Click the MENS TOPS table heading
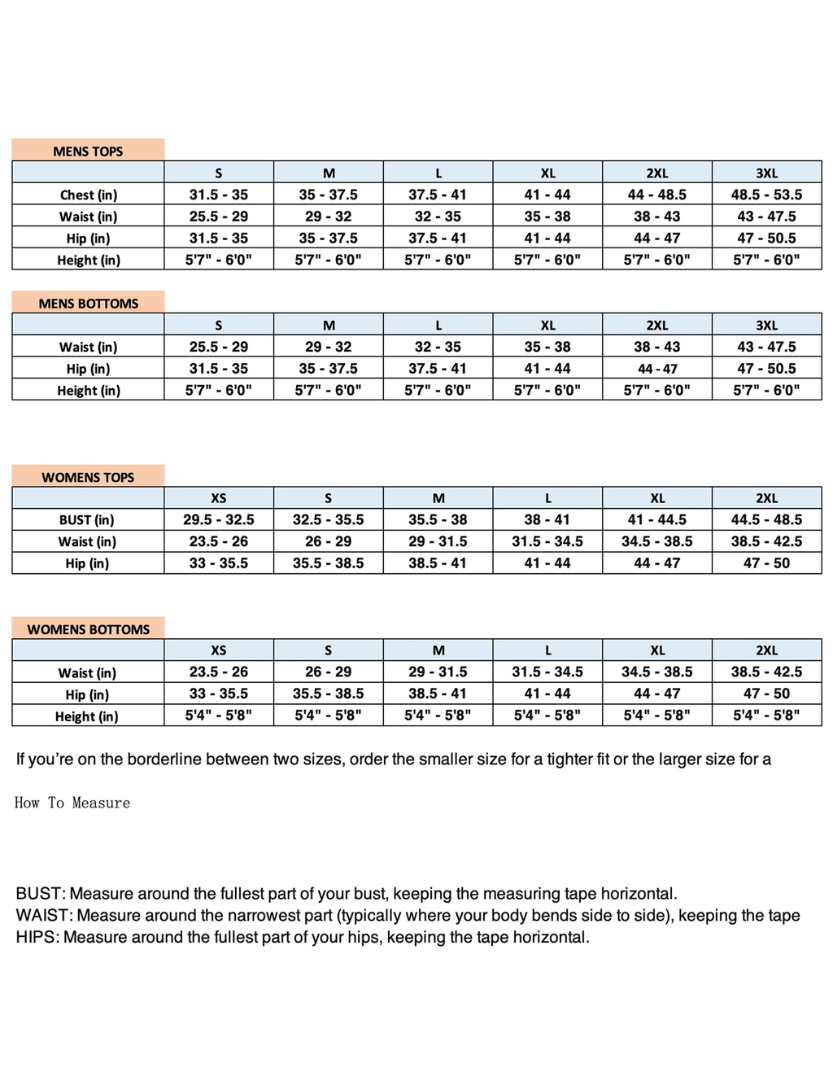click(x=88, y=151)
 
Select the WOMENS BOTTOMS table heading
click(x=89, y=629)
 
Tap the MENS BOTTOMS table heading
click(x=89, y=304)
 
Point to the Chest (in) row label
click(x=88, y=195)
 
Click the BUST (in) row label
click(x=86, y=520)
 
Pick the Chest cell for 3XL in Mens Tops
click(x=766, y=195)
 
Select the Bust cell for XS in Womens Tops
click(x=218, y=520)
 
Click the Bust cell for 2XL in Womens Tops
click(x=766, y=520)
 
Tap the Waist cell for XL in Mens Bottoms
click(x=547, y=347)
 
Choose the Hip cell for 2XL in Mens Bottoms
click(x=657, y=369)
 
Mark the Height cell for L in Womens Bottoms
click(x=547, y=716)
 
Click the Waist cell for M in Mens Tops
click(x=329, y=217)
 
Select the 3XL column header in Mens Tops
click(x=766, y=173)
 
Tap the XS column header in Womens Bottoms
click(x=218, y=650)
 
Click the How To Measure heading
click(x=72, y=803)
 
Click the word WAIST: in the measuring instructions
click(x=44, y=916)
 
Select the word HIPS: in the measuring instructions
click(x=37, y=938)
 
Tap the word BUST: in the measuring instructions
click(x=41, y=894)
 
